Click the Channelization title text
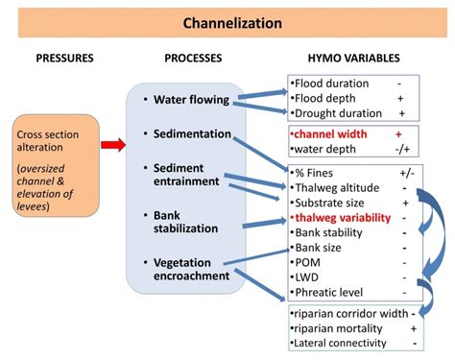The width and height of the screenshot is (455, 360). click(x=227, y=20)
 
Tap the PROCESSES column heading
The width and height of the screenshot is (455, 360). click(x=194, y=59)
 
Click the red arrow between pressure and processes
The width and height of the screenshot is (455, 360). click(x=112, y=145)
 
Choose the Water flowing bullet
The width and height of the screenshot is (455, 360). click(x=187, y=99)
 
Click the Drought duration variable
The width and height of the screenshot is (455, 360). click(x=338, y=112)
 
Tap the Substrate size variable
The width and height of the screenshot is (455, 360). click(x=332, y=204)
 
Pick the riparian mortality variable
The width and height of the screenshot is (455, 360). click(x=337, y=327)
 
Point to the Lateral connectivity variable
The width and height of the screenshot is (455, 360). click(x=341, y=343)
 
